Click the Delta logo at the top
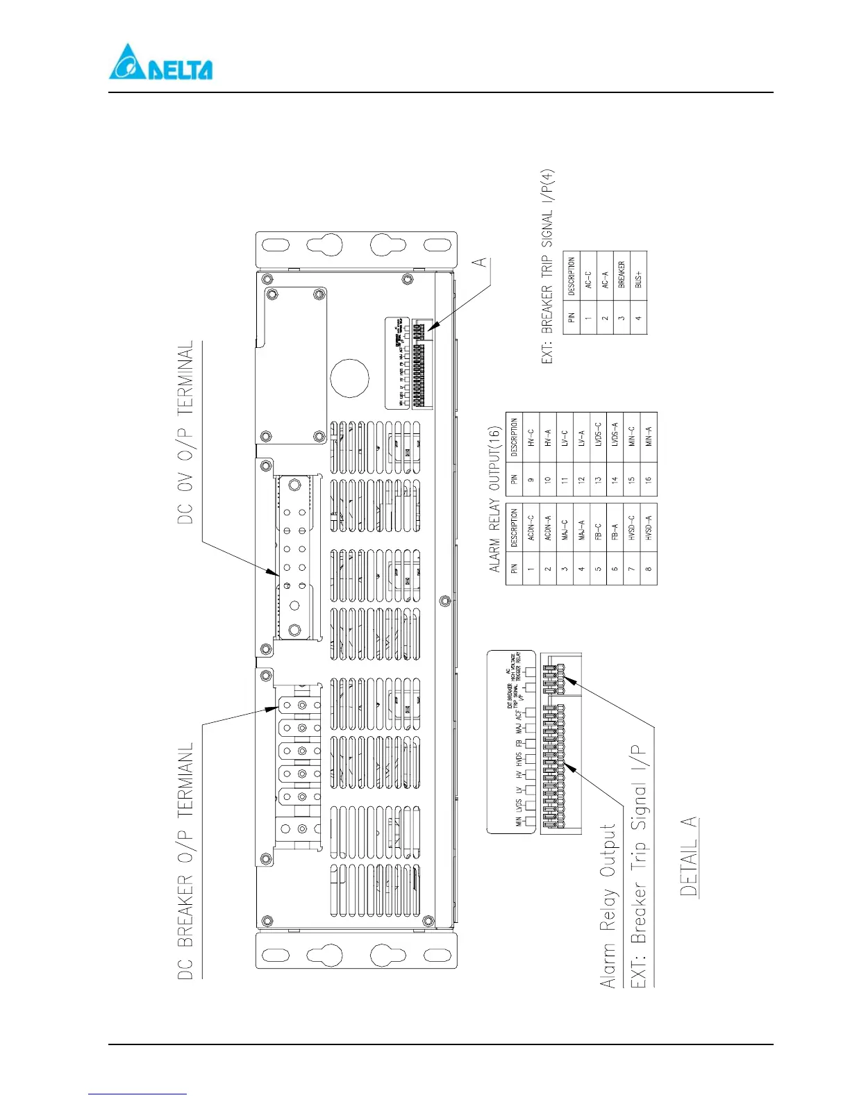[160, 63]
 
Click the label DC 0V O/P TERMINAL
[185, 432]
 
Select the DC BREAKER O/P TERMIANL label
[185, 861]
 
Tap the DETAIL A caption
[688, 856]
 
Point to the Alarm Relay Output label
[608, 906]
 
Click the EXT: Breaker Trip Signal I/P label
[638, 866]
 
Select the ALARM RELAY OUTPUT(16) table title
[494, 499]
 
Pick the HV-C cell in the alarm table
[531, 437]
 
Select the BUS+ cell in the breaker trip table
[638, 276]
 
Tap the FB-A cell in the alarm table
[615, 528]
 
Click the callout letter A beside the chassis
[479, 262]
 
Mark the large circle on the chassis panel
[349, 378]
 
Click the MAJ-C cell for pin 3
[565, 528]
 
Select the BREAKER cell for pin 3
[622, 276]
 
